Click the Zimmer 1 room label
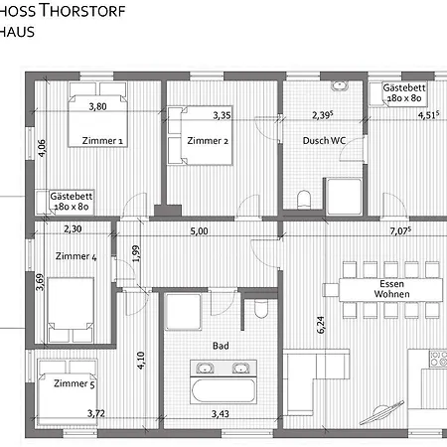(x=102, y=141)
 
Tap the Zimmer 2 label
(x=212, y=141)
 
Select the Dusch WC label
(x=323, y=141)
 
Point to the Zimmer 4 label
(x=76, y=257)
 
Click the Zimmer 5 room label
(x=74, y=383)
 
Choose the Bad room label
(x=221, y=347)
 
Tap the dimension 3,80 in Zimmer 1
(x=97, y=106)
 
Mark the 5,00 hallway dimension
(x=200, y=230)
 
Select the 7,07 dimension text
(x=401, y=230)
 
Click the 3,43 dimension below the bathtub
(x=221, y=412)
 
